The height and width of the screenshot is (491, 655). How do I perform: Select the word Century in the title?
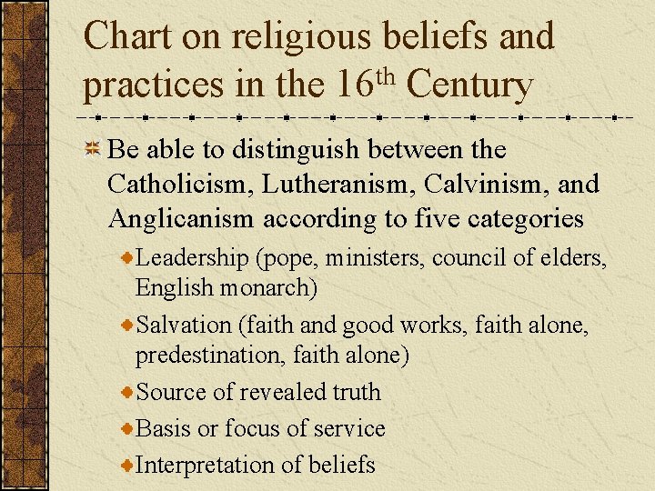pyautogui.click(x=470, y=86)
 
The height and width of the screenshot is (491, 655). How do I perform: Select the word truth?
pyautogui.click(x=357, y=392)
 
